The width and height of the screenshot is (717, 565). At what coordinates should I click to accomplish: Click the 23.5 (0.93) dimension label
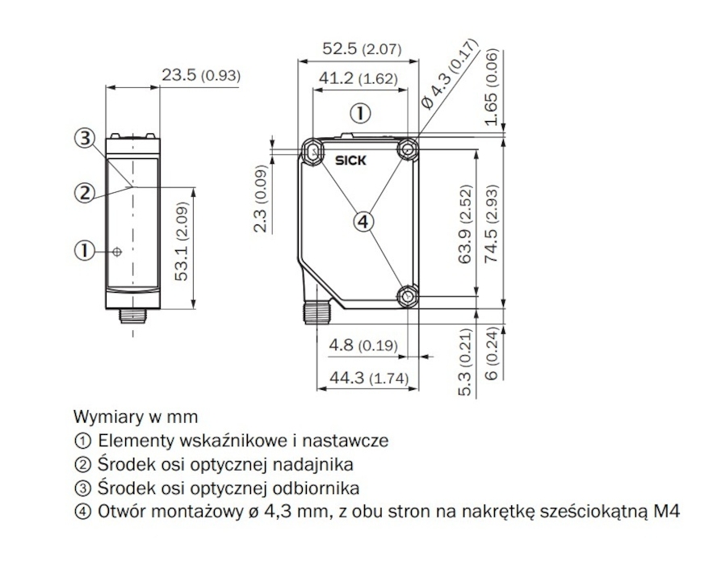tap(200, 76)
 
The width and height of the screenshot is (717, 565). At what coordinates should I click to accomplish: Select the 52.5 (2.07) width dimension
tap(362, 49)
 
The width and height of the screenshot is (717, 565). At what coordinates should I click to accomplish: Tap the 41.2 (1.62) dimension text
tap(356, 78)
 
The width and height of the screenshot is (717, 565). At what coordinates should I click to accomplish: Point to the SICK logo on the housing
tap(350, 161)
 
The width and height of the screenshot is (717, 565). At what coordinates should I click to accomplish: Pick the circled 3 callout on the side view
tap(86, 138)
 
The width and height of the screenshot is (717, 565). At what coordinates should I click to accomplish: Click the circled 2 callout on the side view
tap(84, 192)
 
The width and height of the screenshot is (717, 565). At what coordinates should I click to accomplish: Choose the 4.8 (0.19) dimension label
tap(363, 346)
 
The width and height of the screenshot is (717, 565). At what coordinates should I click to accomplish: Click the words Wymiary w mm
tap(135, 417)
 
